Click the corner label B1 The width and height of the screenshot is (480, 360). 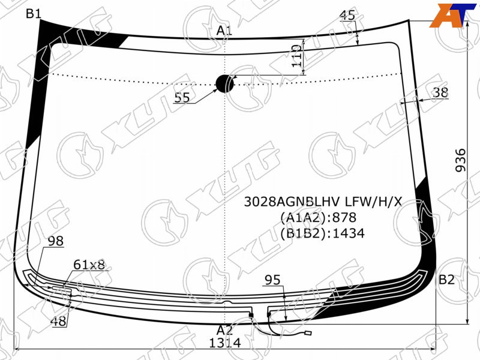(34, 13)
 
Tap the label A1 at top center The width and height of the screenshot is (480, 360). (224, 31)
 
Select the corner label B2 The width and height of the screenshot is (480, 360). (446, 280)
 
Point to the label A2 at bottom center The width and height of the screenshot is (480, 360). (224, 331)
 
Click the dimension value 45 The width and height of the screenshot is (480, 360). (347, 15)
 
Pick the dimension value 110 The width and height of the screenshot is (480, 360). (296, 56)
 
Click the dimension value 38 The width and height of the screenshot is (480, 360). (441, 92)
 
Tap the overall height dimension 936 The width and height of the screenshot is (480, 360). (460, 160)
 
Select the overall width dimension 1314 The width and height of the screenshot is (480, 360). (224, 343)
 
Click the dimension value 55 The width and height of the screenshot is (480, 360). (182, 98)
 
